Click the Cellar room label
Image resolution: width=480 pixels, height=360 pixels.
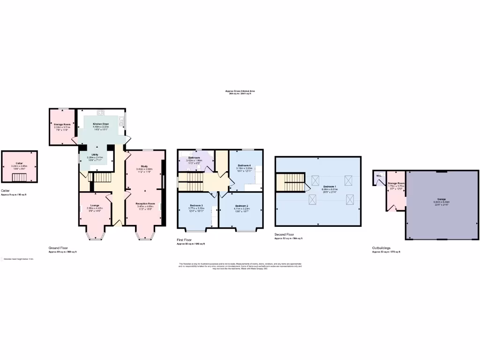pyautogui.click(x=19, y=164)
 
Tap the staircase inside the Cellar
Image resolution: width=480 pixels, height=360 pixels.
pyautogui.click(x=19, y=177)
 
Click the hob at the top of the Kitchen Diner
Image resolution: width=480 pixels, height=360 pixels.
pyautogui.click(x=101, y=112)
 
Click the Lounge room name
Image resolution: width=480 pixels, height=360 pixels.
pyautogui.click(x=94, y=205)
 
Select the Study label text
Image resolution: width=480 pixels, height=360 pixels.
pyautogui.click(x=145, y=166)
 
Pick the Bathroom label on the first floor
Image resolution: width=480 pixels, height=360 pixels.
pyautogui.click(x=194, y=157)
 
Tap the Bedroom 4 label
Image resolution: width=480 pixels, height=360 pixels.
pyautogui.click(x=244, y=165)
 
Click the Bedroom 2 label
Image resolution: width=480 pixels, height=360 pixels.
pyautogui.click(x=241, y=206)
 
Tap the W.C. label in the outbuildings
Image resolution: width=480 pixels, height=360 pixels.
pyautogui.click(x=378, y=176)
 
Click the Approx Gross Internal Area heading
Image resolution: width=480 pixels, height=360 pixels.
pyautogui.click(x=240, y=91)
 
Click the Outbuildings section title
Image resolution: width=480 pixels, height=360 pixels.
pyautogui.click(x=381, y=248)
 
